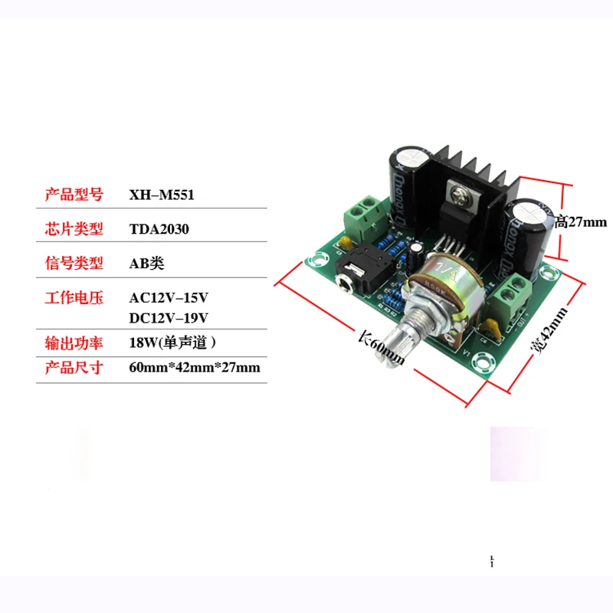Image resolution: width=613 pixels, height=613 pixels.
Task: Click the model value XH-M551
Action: click(x=162, y=195)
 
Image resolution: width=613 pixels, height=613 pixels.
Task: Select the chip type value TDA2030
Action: click(x=159, y=229)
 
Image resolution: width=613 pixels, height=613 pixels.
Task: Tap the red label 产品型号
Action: click(x=74, y=195)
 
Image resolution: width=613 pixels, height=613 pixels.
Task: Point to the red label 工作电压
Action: click(x=74, y=298)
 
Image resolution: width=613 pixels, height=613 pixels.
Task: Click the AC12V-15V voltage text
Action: click(x=169, y=298)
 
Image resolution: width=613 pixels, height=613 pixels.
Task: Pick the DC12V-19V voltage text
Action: click(x=169, y=318)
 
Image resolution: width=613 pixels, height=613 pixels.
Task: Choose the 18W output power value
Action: click(x=172, y=343)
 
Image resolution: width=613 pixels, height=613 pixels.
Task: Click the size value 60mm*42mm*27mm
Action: click(x=195, y=368)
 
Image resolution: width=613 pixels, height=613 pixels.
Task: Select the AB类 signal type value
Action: click(x=146, y=264)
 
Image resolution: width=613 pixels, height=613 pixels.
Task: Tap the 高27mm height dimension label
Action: click(x=581, y=222)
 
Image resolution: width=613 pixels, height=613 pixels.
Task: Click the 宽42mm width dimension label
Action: click(x=549, y=331)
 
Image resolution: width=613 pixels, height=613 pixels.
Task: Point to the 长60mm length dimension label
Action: click(x=381, y=348)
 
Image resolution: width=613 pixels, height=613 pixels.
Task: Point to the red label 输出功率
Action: click(x=74, y=343)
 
